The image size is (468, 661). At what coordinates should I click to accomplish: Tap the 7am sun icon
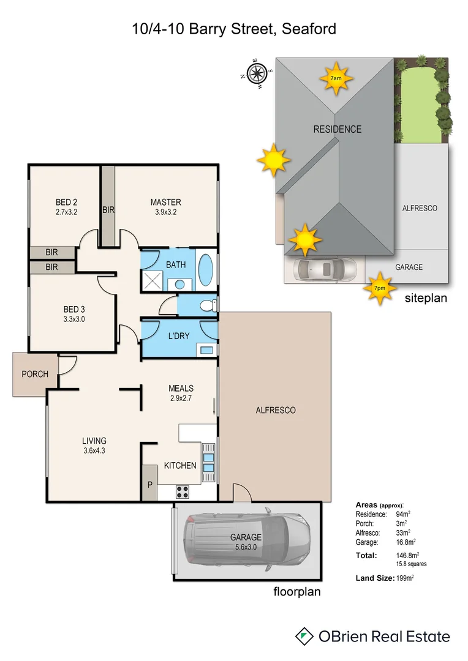coord(336,78)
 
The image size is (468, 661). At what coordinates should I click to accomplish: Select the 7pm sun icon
coord(380,288)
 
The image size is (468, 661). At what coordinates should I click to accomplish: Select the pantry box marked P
coord(149,484)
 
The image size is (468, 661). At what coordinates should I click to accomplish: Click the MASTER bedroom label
coord(166,202)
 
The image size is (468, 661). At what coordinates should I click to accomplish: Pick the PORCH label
coord(35,374)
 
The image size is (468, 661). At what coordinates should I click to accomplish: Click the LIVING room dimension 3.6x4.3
coord(94,450)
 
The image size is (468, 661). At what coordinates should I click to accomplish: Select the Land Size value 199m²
coord(406,578)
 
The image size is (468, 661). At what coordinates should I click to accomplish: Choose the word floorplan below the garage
coord(296,592)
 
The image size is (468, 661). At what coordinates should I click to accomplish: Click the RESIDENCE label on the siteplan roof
coord(338,129)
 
